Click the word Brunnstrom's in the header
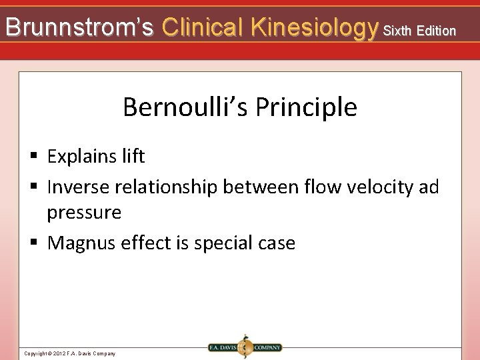79,27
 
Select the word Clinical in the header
203,27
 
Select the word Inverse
79,187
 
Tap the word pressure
84,213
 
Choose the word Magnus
82,243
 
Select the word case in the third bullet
276,243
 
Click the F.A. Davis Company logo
244,347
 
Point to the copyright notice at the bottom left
69,353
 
